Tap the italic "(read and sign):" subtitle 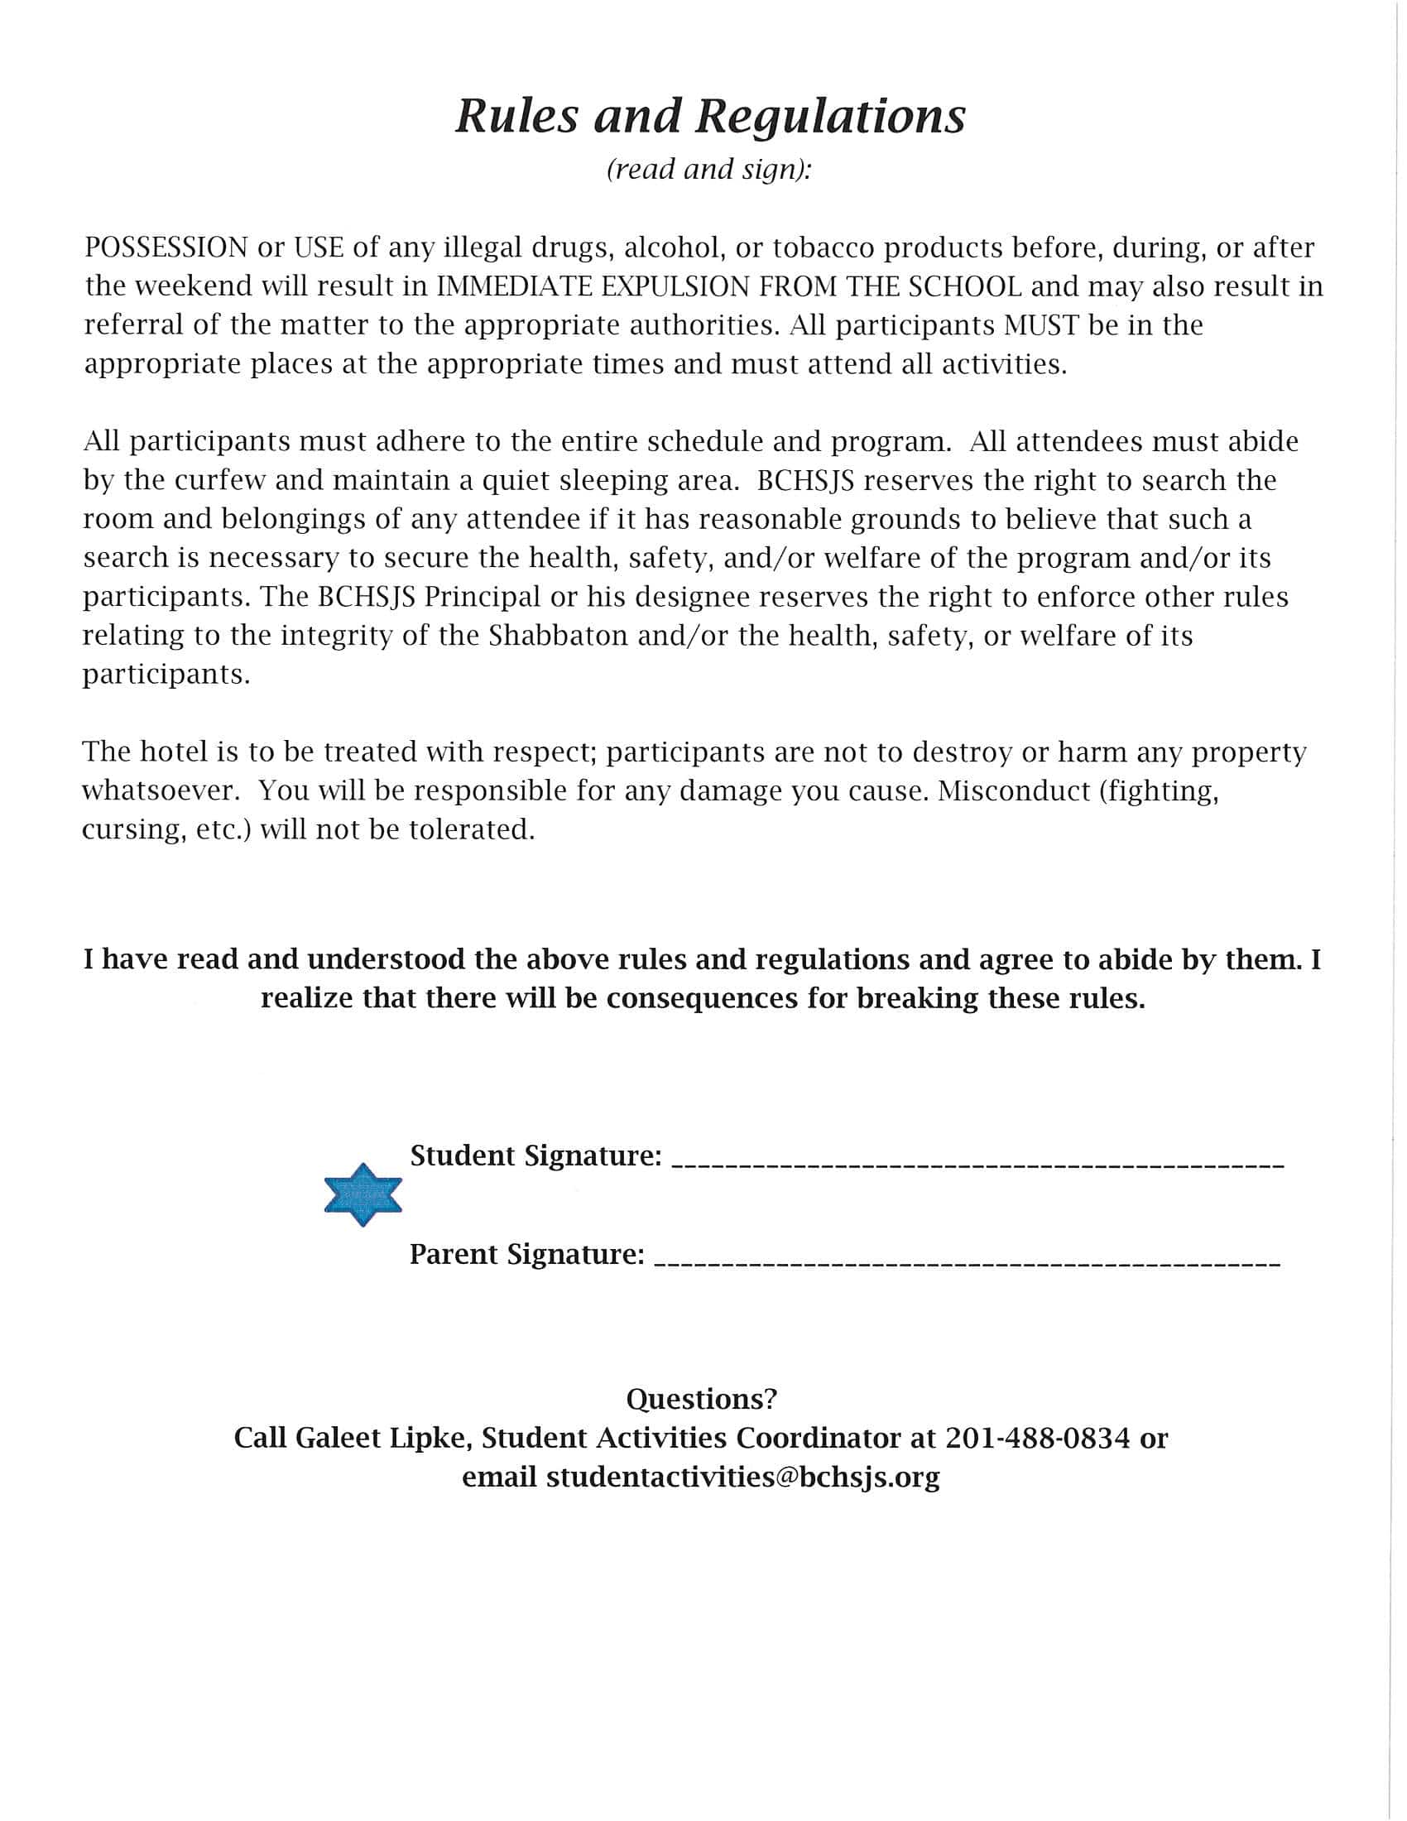coord(708,169)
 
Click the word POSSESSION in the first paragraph coord(166,247)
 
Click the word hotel coord(173,752)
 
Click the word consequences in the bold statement coord(702,998)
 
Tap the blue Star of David coord(363,1194)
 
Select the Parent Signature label coord(526,1255)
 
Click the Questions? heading coord(701,1399)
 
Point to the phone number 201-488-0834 coord(1037,1439)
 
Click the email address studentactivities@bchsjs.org coord(742,1477)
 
